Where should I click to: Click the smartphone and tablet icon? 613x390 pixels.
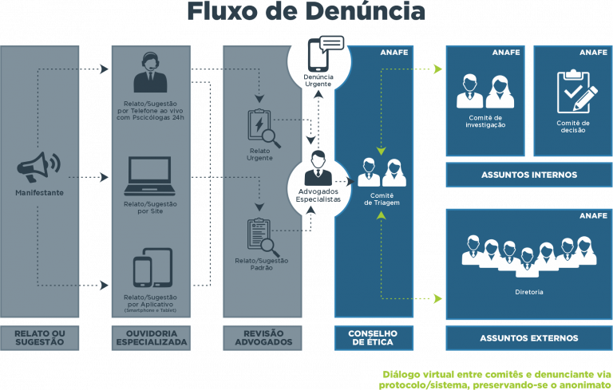tap(152, 270)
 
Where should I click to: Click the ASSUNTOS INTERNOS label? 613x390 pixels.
tap(528, 175)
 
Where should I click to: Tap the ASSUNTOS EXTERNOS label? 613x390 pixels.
tap(528, 338)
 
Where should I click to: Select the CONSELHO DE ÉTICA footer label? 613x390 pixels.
tap(373, 337)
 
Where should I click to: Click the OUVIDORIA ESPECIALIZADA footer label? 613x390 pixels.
tap(152, 337)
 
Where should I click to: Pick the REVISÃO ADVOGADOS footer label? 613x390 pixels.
tap(262, 337)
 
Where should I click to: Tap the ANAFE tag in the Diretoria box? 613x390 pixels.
tap(594, 215)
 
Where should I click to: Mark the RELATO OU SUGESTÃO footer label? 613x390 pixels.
tap(40, 337)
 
